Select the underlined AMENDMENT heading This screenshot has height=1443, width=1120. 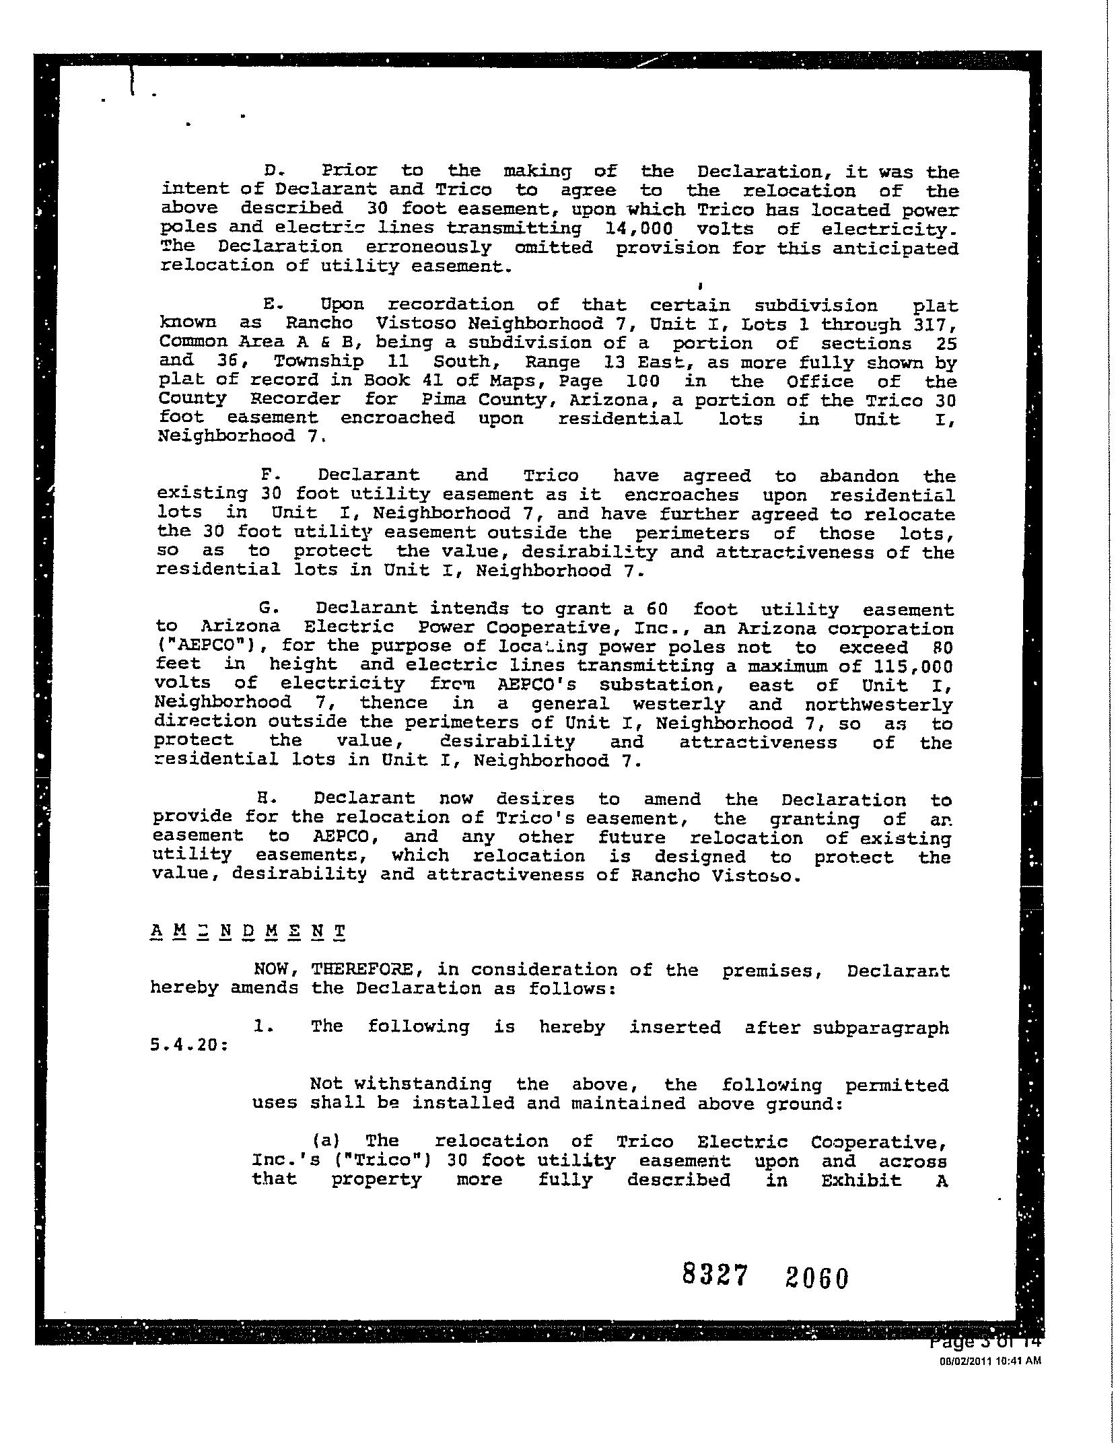pos(248,933)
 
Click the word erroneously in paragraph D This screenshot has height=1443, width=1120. pos(428,248)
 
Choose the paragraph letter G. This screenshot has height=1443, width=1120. pos(269,608)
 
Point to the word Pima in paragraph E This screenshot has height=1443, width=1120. pos(444,400)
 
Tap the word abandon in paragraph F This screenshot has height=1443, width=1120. pos(858,477)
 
